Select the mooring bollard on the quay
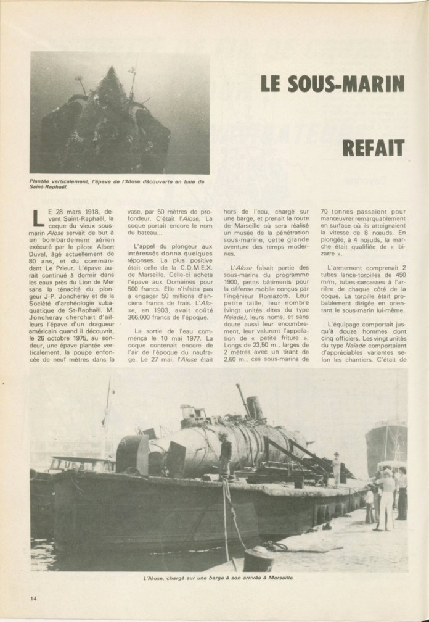click(258, 558)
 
